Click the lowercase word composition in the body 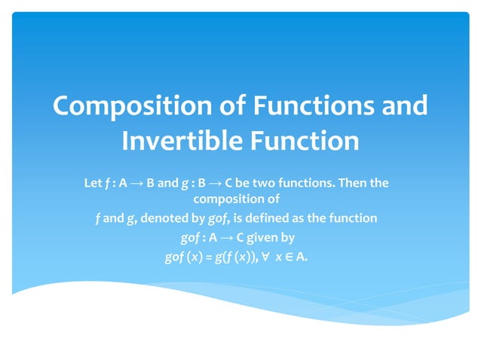pyautogui.click(x=237, y=200)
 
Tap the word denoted pyautogui.click(x=170, y=218)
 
